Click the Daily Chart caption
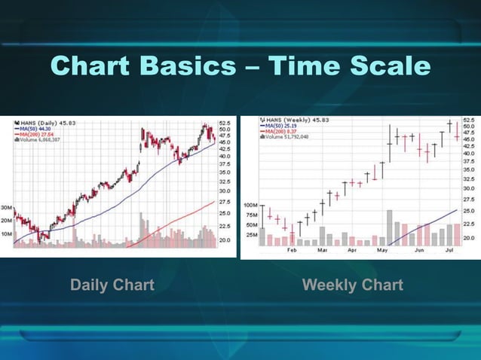tap(112, 285)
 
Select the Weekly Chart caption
tap(352, 285)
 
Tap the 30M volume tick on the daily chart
tap(6, 207)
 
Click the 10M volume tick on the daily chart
tap(6, 234)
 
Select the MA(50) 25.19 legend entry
tap(282, 125)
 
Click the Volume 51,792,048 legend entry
tap(287, 136)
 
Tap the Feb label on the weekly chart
tap(291, 249)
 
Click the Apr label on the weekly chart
tap(351, 249)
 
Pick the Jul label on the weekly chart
tap(450, 249)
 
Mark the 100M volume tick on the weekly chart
tap(250, 205)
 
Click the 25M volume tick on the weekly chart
tap(250, 234)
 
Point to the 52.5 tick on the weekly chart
tap(468, 121)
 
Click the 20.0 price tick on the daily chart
tap(225, 240)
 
